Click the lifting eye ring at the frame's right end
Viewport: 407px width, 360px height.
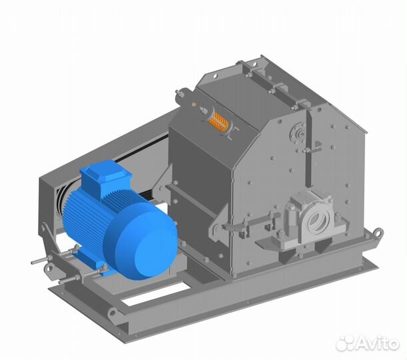pos(378,234)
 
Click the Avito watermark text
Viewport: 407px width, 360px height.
pos(376,343)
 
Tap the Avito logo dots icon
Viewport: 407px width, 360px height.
pos(344,343)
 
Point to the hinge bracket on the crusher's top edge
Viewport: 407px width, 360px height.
pos(253,67)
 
